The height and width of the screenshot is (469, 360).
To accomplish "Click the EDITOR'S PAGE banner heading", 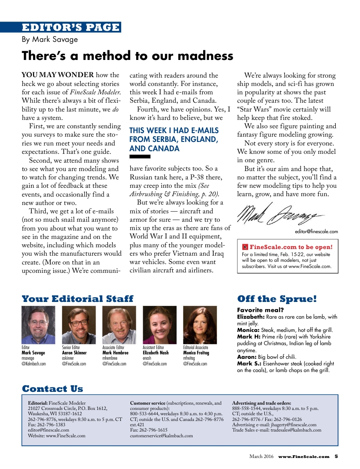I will point(71,27).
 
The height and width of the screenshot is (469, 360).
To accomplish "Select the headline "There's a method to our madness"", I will point(127,56).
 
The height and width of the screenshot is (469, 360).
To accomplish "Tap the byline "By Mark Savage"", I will point(50,40).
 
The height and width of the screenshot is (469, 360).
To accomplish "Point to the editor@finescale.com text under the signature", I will point(316,231).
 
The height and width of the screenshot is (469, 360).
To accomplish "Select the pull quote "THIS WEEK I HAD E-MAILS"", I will point(168,130).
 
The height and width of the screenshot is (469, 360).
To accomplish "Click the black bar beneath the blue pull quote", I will point(140,156).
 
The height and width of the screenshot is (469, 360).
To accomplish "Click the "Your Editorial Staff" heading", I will point(78,299).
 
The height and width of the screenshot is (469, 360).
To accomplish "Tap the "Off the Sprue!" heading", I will point(277,299).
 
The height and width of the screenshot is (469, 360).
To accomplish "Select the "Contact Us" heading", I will point(52,388).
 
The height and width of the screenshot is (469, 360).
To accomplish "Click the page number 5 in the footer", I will point(336,457).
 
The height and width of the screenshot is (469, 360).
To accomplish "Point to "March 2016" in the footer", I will point(261,457).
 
